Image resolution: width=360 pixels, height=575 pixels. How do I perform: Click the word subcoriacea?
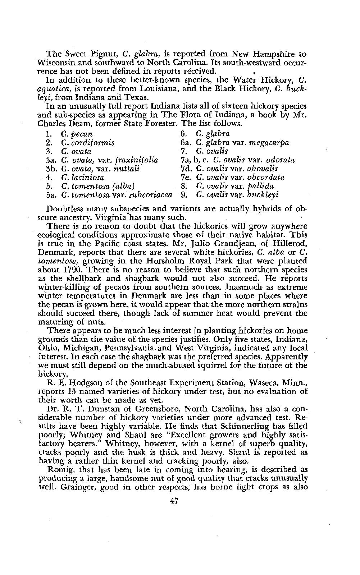(149, 195)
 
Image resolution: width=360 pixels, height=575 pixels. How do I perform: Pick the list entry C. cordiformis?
(88, 143)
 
